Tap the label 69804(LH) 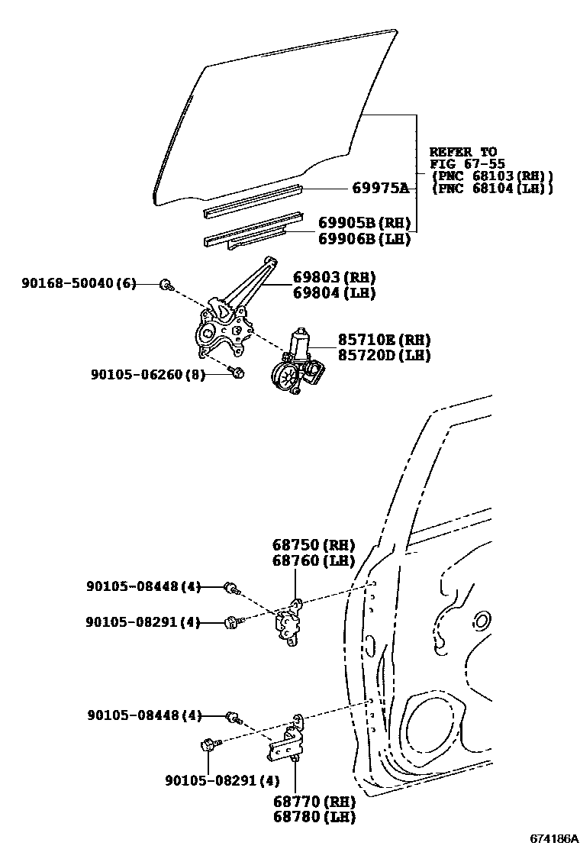pos(334,292)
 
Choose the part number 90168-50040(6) pos(79,284)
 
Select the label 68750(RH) pos(314,545)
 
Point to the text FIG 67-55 pos(462,163)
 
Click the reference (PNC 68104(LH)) pos(491,188)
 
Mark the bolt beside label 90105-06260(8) pos(236,373)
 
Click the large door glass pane pos(282,115)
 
